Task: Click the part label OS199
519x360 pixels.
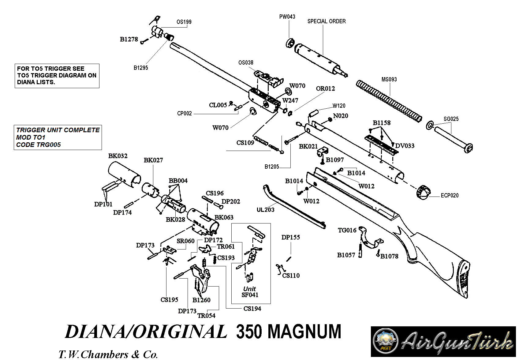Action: (x=184, y=22)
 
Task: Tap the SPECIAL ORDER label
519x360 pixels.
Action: (x=327, y=21)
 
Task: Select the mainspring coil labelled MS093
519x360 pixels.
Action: (x=389, y=100)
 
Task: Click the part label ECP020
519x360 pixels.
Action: (x=450, y=195)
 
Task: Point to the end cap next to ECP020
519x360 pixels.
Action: (x=423, y=192)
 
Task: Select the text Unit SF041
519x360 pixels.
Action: (x=250, y=292)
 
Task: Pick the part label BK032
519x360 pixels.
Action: (x=118, y=156)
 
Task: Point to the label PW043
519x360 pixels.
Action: (x=287, y=17)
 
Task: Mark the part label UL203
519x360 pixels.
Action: (x=265, y=210)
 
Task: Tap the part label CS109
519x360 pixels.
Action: (x=245, y=143)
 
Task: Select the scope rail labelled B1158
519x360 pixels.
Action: (x=381, y=144)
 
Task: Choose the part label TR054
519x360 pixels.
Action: (x=206, y=316)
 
